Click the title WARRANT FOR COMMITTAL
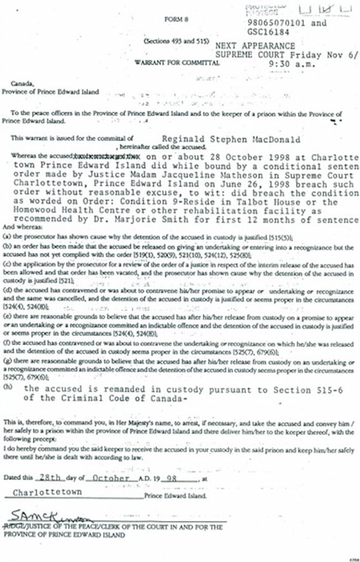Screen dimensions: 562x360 click(177, 62)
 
